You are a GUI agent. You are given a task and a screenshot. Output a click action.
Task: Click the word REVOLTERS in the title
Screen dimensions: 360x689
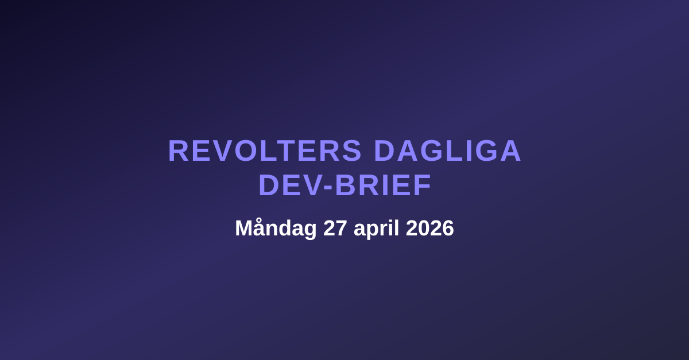point(265,151)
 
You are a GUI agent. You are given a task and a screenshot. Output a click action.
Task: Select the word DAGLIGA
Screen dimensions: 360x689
point(447,151)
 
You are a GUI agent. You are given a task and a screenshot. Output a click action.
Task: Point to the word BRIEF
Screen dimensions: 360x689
point(383,185)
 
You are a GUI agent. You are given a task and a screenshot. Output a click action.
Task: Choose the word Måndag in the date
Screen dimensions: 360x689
point(276,229)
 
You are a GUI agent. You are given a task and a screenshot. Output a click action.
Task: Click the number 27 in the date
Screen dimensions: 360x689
point(335,229)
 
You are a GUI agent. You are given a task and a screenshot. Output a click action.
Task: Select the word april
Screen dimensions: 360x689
point(376,229)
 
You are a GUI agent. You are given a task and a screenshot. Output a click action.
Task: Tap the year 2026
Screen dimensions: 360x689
point(430,229)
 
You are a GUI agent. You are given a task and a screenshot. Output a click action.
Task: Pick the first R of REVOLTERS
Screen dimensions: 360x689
point(177,151)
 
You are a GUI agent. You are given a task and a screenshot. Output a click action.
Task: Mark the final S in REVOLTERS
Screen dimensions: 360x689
point(353,151)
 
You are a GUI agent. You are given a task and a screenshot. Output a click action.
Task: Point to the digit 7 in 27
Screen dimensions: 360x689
point(342,229)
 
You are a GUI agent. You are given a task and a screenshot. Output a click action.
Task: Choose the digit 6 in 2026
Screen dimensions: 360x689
point(448,229)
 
